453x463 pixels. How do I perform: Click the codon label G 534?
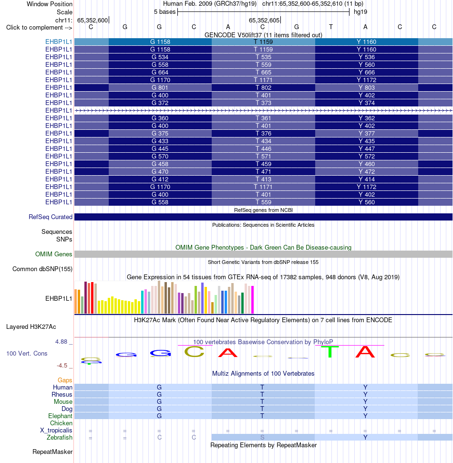pos(160,57)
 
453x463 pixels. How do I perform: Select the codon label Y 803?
pos(367,88)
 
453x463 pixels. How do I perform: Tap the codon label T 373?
pos(263,103)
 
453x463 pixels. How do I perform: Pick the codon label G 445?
pos(160,149)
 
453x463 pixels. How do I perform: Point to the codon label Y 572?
pos(367,157)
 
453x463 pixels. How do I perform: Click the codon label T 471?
pos(263,172)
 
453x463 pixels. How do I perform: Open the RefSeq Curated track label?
pos(51,217)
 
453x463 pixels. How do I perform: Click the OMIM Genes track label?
pos(54,254)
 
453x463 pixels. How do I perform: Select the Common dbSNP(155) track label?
pos(42,269)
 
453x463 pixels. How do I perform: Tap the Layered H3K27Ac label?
pos(31,327)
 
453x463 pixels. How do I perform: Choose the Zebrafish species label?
pos(60,438)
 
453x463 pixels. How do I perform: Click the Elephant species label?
pos(60,416)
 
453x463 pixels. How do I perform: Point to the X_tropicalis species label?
pos(56,431)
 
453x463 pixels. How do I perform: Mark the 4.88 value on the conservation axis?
pos(62,342)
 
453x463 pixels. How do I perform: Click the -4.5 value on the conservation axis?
pos(62,366)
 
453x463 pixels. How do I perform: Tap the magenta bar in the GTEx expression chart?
pos(252,300)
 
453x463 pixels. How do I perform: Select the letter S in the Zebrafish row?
pos(262,437)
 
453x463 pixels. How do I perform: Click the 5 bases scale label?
pos(165,12)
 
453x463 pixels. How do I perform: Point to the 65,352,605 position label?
pos(264,20)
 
